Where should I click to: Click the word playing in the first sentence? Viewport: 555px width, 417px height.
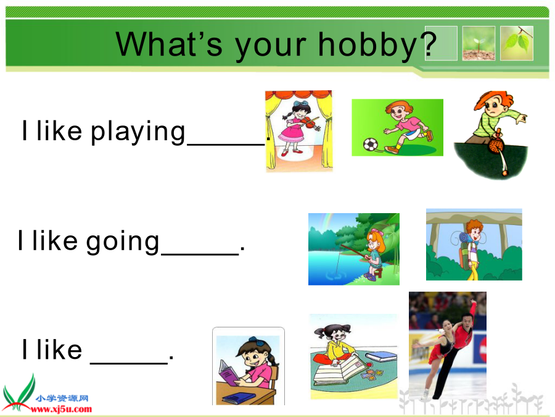coord(138,132)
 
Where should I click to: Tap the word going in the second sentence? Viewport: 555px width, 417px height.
coord(123,242)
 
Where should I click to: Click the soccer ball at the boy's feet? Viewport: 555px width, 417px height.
coord(370,145)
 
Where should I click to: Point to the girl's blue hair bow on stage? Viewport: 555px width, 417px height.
coord(300,104)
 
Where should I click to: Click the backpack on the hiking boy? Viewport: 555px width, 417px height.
coord(464,248)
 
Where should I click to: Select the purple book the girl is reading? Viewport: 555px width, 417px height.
coord(228,373)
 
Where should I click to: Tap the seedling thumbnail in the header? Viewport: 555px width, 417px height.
coord(479,43)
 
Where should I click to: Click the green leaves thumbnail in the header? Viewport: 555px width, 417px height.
coord(516,43)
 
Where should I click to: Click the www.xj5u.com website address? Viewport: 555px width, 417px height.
coord(61,410)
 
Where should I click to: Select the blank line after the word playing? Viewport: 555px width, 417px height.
coord(226,145)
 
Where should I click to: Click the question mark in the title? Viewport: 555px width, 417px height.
coord(429,44)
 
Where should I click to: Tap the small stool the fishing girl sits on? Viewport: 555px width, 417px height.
coord(379,272)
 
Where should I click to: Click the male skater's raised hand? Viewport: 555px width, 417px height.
coord(473,303)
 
